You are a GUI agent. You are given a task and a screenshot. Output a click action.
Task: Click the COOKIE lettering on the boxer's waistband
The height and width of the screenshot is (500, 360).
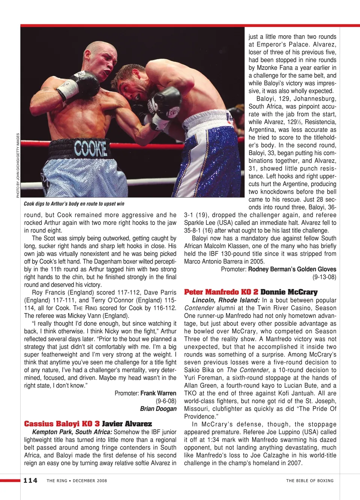click(x=90, y=149)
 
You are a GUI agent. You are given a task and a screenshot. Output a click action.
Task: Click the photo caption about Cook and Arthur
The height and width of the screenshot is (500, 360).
click(x=74, y=204)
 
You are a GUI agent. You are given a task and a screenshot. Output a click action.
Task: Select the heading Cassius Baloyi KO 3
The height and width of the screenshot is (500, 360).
click(x=62, y=424)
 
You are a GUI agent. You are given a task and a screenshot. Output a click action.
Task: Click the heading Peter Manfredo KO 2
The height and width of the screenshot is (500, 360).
click(x=221, y=292)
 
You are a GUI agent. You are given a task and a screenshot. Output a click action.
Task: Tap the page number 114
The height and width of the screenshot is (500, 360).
click(x=30, y=480)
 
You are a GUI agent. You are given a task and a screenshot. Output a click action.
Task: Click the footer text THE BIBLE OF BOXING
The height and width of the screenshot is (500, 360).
click(x=310, y=480)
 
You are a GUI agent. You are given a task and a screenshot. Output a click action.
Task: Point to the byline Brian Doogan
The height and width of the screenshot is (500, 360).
click(x=158, y=408)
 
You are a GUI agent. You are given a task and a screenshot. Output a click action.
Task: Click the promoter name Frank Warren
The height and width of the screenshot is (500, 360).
click(x=158, y=393)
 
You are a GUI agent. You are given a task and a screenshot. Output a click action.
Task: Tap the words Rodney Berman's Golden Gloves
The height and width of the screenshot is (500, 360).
click(x=292, y=269)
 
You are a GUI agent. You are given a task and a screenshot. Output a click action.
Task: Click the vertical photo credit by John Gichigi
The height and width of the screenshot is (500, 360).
click(x=18, y=165)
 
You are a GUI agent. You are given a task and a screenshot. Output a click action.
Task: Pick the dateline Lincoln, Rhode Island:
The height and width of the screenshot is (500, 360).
click(x=226, y=300)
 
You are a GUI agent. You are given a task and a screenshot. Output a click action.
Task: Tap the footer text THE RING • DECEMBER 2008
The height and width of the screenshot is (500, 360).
click(x=77, y=480)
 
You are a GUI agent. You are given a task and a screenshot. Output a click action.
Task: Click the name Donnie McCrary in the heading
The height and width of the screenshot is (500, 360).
click(x=289, y=292)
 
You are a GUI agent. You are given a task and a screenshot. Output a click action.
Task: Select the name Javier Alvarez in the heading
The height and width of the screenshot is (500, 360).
click(x=127, y=424)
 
